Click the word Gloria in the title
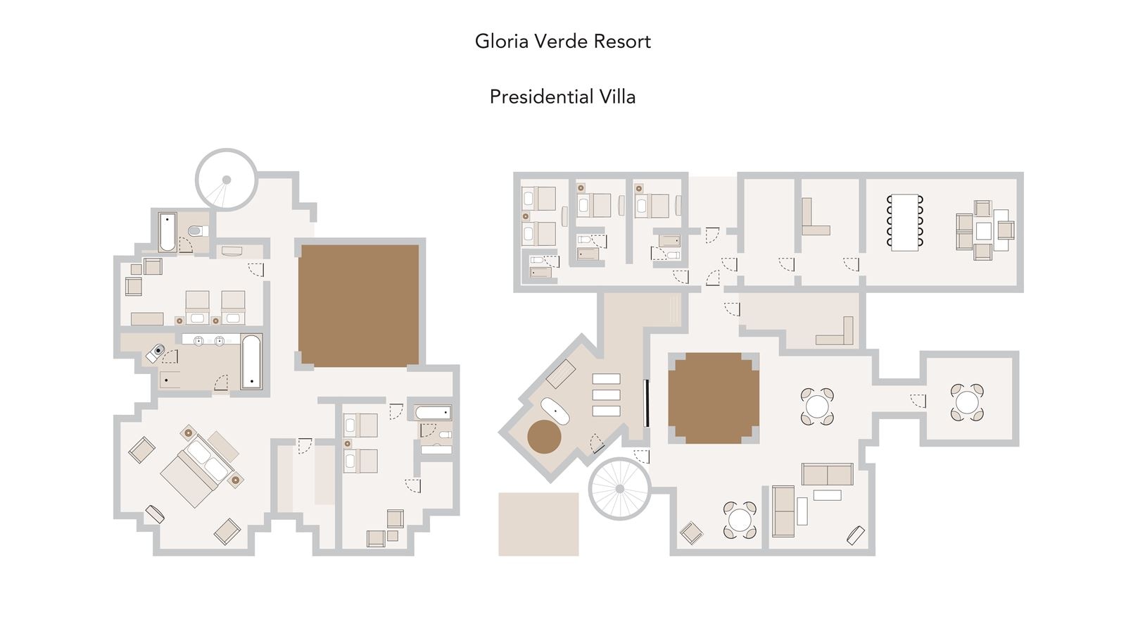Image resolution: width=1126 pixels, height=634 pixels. (502, 42)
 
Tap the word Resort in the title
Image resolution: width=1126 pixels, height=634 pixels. (622, 42)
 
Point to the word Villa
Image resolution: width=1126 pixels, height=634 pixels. (617, 97)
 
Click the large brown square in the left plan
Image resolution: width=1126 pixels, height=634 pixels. (358, 305)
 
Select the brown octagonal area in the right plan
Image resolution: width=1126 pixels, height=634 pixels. (713, 398)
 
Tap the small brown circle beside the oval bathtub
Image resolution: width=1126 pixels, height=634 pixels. (544, 437)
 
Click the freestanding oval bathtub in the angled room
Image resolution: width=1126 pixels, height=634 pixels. (555, 411)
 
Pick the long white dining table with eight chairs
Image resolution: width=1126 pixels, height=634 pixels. (905, 222)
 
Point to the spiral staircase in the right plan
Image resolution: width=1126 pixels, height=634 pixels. (619, 488)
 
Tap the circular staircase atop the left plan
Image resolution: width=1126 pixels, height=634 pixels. (226, 180)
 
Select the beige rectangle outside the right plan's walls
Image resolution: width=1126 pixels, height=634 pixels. (538, 524)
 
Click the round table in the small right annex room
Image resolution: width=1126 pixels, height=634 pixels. (967, 402)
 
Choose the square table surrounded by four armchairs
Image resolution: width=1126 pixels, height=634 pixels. (983, 230)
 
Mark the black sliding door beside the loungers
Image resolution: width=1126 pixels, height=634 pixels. (646, 403)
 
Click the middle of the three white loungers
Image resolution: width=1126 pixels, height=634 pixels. (606, 395)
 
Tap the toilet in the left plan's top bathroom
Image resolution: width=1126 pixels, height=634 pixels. (196, 230)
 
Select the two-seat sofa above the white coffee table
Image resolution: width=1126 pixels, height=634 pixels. (827, 474)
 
